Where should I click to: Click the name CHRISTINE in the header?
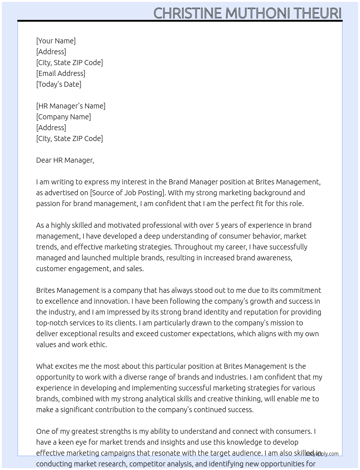[188, 13]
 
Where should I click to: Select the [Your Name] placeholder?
[56, 41]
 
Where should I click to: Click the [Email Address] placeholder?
[61, 73]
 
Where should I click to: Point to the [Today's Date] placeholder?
[59, 84]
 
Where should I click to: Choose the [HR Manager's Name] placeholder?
[70, 106]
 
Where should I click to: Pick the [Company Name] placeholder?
[63, 117]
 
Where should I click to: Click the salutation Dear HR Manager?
[65, 160]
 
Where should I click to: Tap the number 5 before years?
[217, 225]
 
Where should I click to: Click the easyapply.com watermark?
[322, 454]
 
